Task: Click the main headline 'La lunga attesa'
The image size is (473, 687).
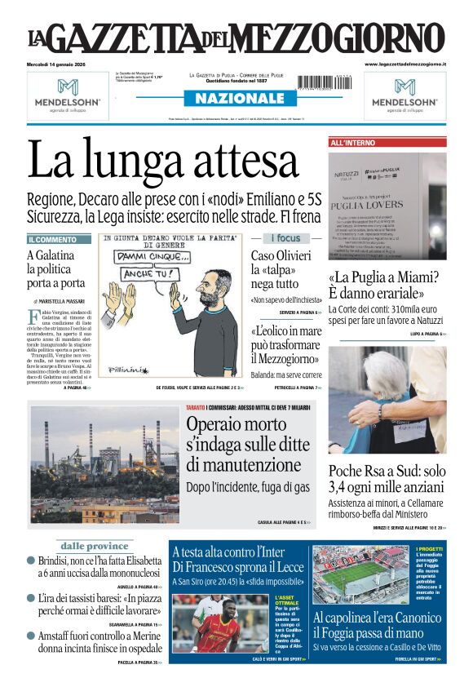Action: coord(163,161)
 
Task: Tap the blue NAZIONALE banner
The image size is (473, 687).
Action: coord(236,98)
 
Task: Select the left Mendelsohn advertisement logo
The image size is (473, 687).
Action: coord(67,91)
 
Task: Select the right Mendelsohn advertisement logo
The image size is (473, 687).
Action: coord(405,91)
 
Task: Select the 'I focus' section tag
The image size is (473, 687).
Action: coord(285,238)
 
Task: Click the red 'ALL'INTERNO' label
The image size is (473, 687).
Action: coord(353,143)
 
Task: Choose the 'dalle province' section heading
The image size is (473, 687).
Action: coord(95,546)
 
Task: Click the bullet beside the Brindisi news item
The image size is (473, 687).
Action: coord(31,561)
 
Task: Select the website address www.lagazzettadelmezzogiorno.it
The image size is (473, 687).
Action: coord(405,64)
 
